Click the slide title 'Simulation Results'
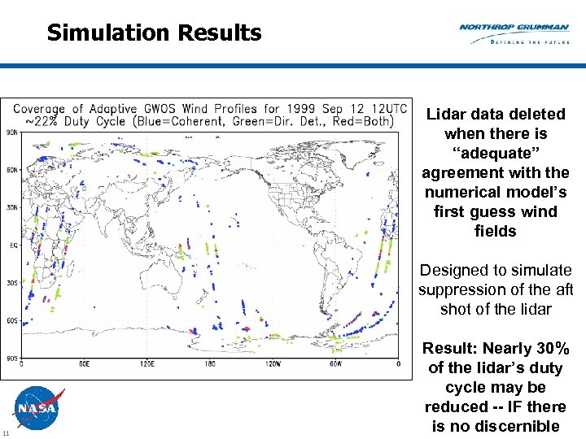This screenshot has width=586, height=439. click(x=154, y=33)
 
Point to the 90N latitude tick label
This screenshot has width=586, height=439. click(x=12, y=133)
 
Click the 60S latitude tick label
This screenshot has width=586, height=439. click(x=12, y=320)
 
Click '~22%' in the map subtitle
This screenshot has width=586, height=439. click(x=39, y=121)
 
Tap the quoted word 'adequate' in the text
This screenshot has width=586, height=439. click(x=495, y=153)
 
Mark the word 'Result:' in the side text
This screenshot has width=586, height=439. click(x=449, y=348)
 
